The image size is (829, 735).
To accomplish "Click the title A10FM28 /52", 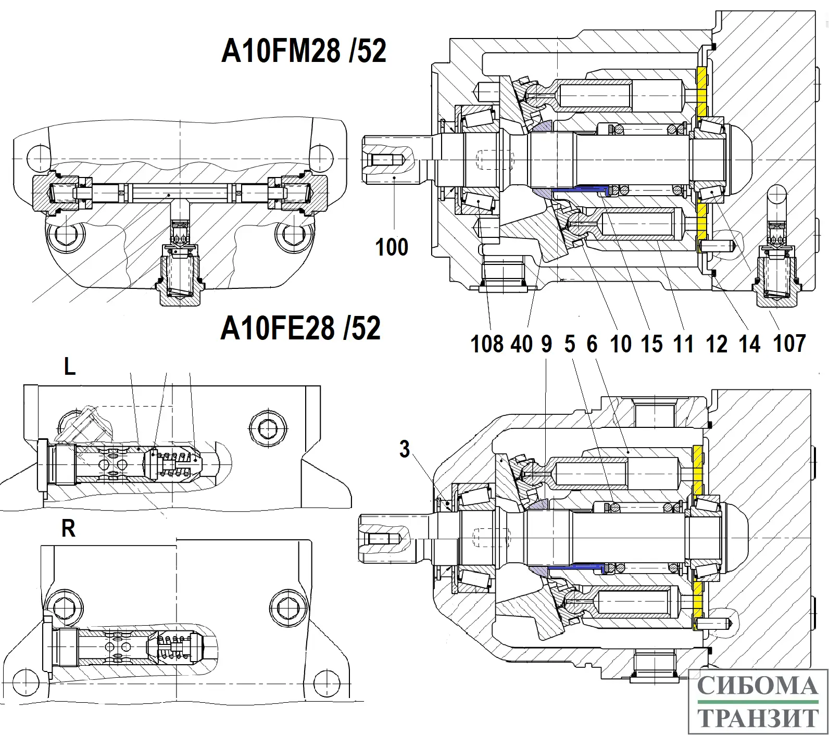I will (x=304, y=52).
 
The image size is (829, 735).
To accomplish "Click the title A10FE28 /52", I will (x=300, y=328).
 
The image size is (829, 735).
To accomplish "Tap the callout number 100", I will (x=392, y=247).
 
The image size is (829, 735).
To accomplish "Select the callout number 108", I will (x=487, y=344).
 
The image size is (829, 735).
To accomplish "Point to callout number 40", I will (x=521, y=344).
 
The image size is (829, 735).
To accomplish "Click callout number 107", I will (x=789, y=344).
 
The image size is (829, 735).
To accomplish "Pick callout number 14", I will (x=750, y=344).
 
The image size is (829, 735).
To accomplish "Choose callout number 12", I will (x=717, y=344).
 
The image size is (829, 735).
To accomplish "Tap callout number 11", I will (x=683, y=344).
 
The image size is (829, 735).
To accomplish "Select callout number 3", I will (x=405, y=449).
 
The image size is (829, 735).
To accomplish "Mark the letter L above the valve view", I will (x=70, y=367).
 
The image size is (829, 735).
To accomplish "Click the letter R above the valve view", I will (x=68, y=529).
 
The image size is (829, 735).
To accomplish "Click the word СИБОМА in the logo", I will (x=758, y=686).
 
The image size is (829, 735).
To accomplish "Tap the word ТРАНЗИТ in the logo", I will (x=758, y=718).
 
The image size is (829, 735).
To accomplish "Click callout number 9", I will (x=546, y=344).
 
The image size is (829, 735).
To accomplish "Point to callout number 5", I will (x=570, y=344).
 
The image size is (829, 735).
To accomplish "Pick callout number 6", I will (x=592, y=344).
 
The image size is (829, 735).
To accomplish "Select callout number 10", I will (x=620, y=344).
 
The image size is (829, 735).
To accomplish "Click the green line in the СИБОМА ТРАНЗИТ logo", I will (x=758, y=703).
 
